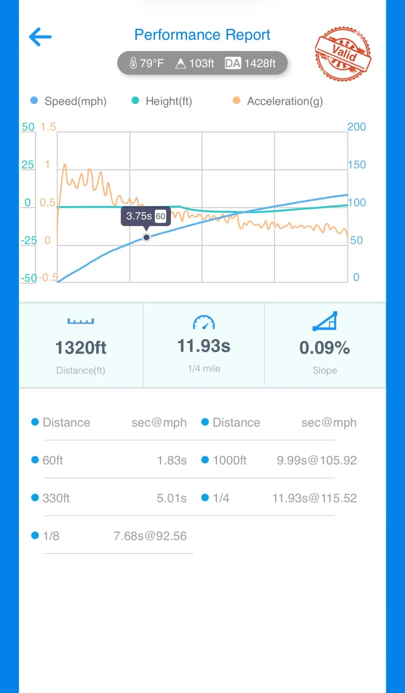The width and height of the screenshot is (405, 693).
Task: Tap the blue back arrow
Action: click(x=40, y=37)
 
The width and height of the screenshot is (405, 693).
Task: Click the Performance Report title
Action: click(x=202, y=35)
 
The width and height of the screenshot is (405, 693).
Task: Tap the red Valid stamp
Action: click(x=343, y=54)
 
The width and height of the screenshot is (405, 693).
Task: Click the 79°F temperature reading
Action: click(x=147, y=63)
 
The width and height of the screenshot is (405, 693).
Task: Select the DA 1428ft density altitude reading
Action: click(x=250, y=63)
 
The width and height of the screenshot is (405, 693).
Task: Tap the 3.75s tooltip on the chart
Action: click(x=146, y=216)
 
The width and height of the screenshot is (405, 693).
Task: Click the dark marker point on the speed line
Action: click(x=146, y=237)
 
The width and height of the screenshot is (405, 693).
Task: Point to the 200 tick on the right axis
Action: click(x=356, y=127)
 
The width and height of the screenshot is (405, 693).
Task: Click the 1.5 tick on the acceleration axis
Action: click(x=48, y=127)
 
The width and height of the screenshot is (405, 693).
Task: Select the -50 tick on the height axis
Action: click(x=29, y=278)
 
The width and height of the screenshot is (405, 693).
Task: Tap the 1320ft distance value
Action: click(x=81, y=348)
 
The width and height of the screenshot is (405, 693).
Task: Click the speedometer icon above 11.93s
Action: click(x=204, y=323)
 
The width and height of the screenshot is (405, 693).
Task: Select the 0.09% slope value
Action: click(x=324, y=348)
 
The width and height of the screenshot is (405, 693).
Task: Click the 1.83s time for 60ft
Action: click(x=172, y=460)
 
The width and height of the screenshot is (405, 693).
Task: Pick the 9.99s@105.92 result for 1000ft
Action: click(x=317, y=460)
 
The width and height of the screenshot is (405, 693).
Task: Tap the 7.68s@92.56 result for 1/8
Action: click(x=150, y=536)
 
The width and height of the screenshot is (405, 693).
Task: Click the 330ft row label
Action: click(x=56, y=498)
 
